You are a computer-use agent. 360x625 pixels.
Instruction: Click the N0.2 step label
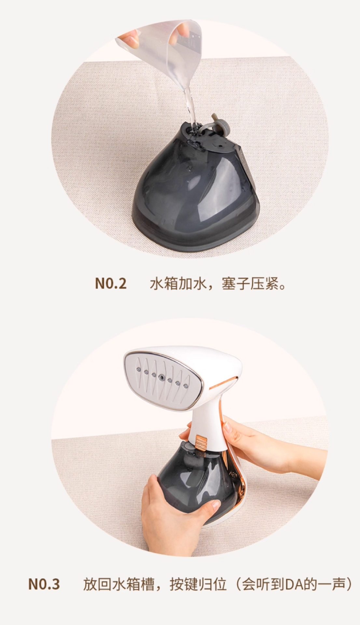pyautogui.click(x=110, y=284)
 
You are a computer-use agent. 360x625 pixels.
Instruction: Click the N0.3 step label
pyautogui.click(x=44, y=584)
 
